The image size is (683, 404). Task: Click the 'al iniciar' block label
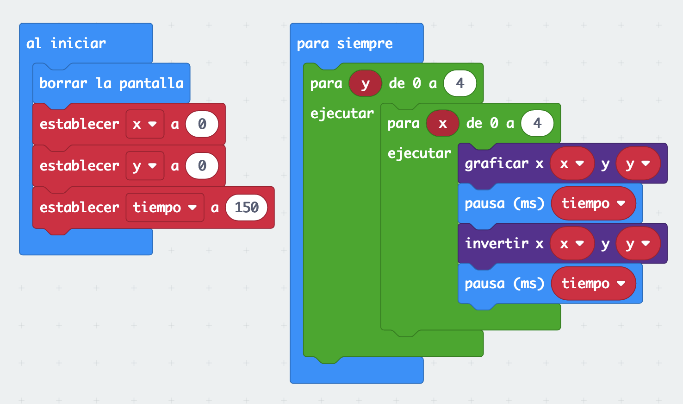[66, 44]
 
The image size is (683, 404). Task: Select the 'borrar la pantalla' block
[111, 83]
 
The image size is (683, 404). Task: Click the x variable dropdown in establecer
[145, 124]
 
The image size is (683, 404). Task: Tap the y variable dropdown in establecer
[145, 166]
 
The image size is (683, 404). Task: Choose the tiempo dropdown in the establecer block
[165, 208]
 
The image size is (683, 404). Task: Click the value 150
[246, 208]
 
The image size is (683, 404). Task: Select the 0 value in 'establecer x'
[202, 124]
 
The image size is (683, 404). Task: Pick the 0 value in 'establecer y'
[202, 166]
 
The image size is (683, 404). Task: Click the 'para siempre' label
[344, 44]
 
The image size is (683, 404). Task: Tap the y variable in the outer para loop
[365, 84]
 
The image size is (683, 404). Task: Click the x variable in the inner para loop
[442, 124]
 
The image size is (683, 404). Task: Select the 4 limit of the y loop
[459, 83]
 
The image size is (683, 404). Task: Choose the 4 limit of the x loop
[537, 123]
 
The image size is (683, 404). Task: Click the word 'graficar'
[496, 164]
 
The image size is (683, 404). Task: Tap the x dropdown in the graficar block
[571, 164]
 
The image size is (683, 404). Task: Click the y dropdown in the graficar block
[638, 164]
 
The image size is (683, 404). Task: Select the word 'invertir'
[497, 244]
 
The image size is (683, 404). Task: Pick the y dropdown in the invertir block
[638, 244]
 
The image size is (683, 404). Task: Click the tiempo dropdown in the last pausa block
[593, 284]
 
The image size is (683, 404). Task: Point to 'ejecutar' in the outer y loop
[342, 114]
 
